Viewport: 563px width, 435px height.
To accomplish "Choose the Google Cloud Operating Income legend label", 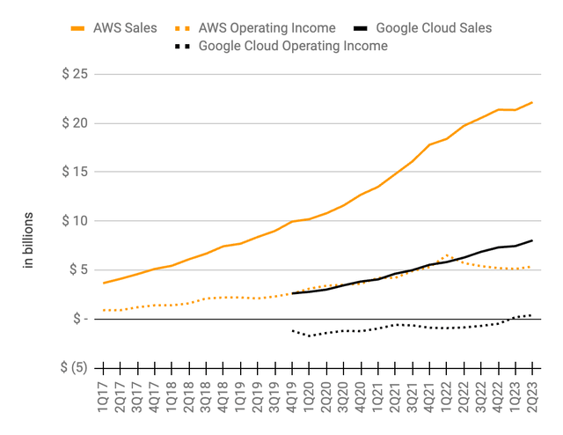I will pyautogui.click(x=293, y=45).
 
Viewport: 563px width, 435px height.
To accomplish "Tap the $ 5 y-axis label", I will pyautogui.click(x=77, y=269).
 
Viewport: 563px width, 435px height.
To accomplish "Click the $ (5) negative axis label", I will pyautogui.click(x=74, y=367).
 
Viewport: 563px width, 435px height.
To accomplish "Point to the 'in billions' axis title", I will pyautogui.click(x=28, y=240).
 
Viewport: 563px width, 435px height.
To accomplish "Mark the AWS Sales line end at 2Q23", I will pyautogui.click(x=531, y=103).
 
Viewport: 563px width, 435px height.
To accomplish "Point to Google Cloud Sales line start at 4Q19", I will pyautogui.click(x=292, y=293).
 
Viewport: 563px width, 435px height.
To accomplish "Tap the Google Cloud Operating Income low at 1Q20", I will pyautogui.click(x=310, y=335).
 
